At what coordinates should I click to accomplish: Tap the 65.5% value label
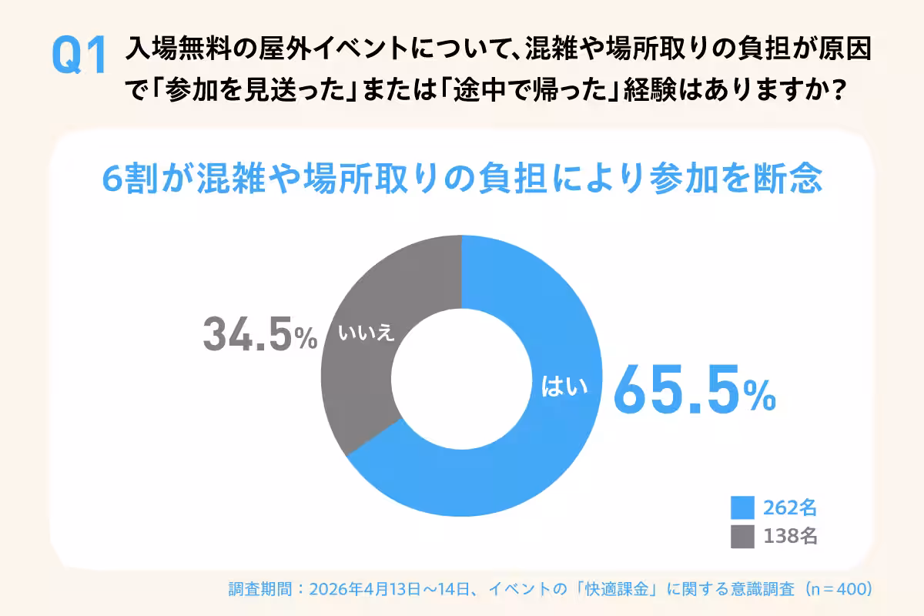pos(694,392)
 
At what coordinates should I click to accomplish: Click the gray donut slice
pos(362,370)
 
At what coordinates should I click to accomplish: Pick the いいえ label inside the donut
pos(366,333)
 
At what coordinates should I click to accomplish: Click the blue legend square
pos(742,507)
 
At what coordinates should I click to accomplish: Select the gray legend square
pos(742,537)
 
